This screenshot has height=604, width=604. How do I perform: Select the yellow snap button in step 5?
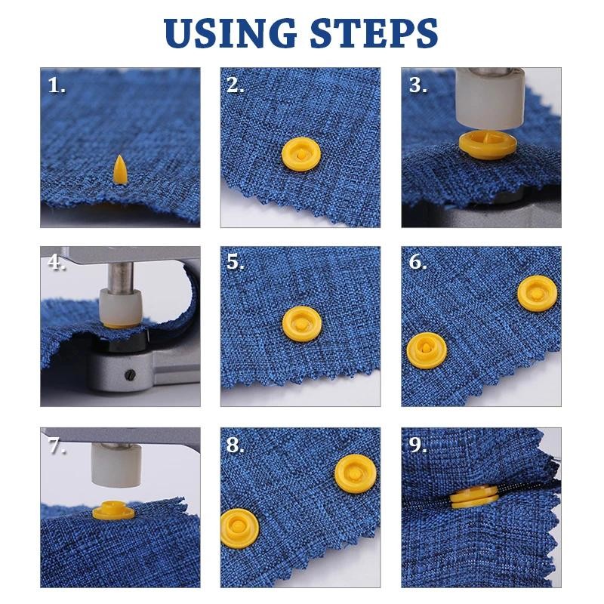tap(301, 324)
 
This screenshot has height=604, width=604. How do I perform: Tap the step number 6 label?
tap(418, 263)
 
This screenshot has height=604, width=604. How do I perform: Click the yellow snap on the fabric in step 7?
tap(112, 513)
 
